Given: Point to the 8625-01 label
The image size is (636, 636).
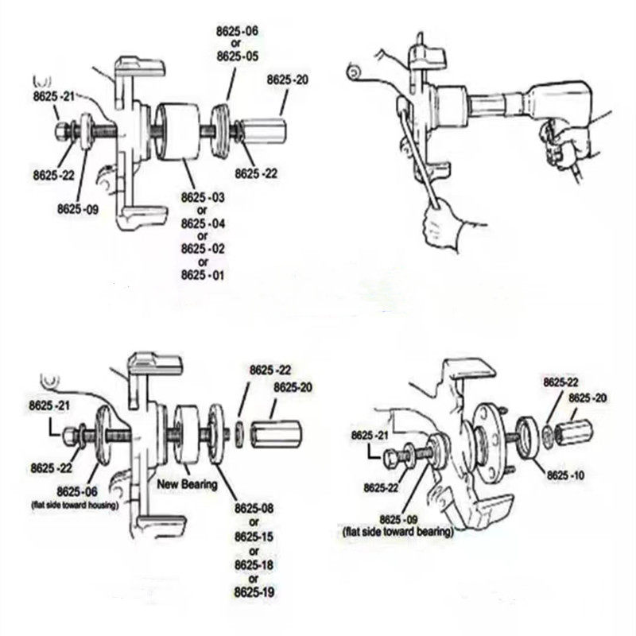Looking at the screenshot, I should (203, 275).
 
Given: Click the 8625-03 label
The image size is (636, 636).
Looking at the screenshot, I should (203, 196).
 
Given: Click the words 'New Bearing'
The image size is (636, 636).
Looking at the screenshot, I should (187, 483).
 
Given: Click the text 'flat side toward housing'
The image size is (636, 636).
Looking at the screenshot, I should (75, 505).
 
